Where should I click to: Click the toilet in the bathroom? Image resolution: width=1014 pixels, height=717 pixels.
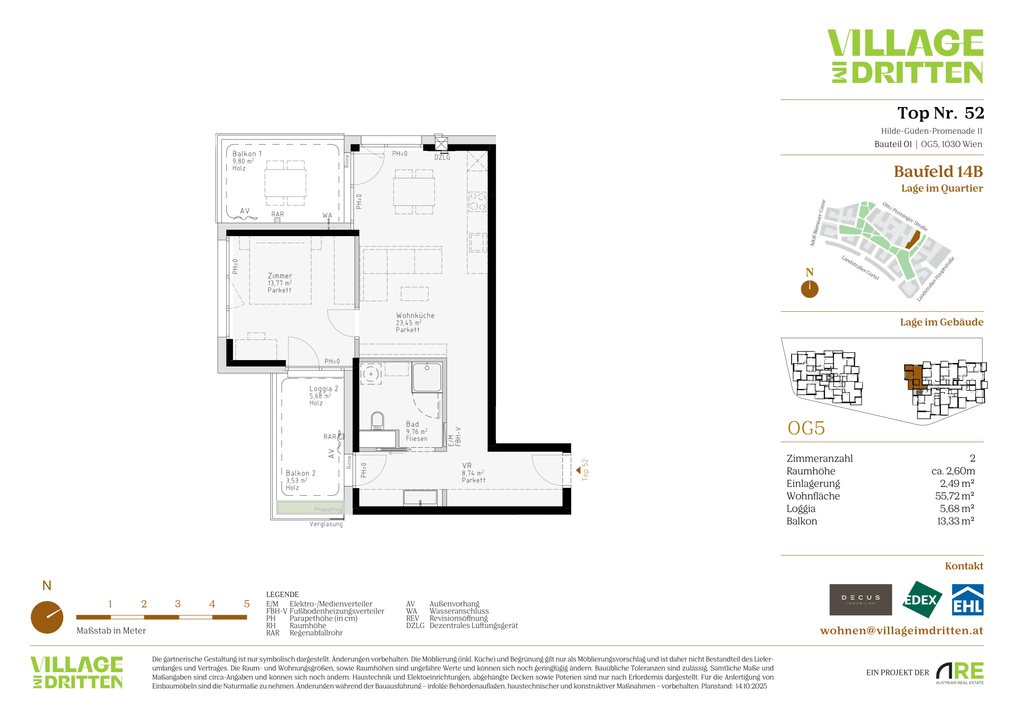pyautogui.click(x=377, y=420)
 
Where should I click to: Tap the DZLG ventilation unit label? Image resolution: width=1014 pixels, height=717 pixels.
pyautogui.click(x=442, y=157)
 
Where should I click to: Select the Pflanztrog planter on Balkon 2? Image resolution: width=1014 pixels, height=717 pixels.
pyautogui.click(x=310, y=508)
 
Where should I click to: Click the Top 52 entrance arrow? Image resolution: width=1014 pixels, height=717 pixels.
pyautogui.click(x=578, y=471)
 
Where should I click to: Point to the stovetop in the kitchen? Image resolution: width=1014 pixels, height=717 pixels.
pyautogui.click(x=477, y=201)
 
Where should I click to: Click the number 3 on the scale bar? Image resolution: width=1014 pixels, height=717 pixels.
pyautogui.click(x=178, y=604)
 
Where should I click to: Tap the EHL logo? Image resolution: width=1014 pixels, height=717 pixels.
pyautogui.click(x=967, y=600)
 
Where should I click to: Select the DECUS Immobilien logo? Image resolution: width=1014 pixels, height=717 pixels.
pyautogui.click(x=860, y=600)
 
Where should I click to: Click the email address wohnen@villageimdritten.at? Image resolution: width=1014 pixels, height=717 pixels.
pyautogui.click(x=901, y=630)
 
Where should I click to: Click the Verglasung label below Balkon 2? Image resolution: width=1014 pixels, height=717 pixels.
pyautogui.click(x=326, y=524)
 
